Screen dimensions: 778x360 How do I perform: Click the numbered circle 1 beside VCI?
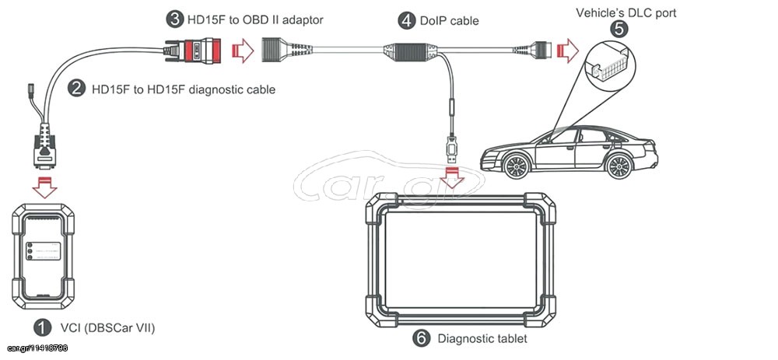[43, 327]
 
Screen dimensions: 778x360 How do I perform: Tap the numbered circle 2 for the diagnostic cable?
[76, 89]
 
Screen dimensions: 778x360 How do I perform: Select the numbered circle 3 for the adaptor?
[173, 20]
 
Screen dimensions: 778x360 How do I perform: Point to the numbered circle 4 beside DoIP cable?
[407, 21]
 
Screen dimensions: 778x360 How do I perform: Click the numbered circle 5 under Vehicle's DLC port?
[619, 29]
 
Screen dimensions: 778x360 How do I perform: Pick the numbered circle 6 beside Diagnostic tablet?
[421, 338]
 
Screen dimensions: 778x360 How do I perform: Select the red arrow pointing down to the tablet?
[451, 178]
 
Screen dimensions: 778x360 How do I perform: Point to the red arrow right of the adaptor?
[243, 51]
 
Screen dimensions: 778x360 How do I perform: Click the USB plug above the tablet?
[451, 149]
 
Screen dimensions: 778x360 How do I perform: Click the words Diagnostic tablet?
[482, 339]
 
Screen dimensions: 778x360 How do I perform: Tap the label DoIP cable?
[450, 21]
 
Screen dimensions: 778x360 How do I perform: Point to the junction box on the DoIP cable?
[410, 52]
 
